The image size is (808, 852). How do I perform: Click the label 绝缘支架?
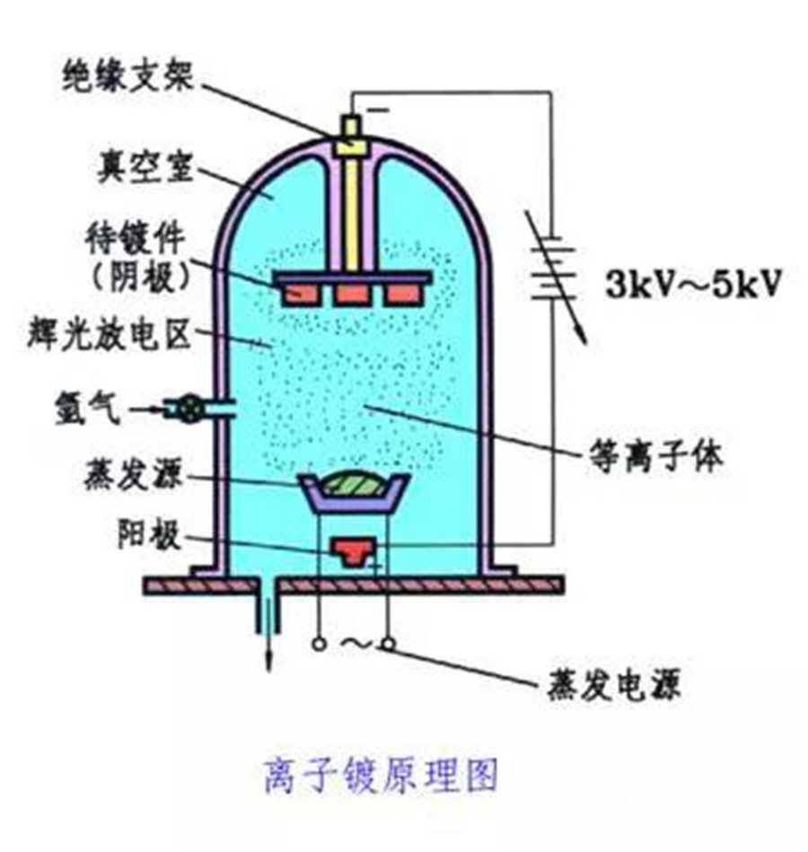click(127, 76)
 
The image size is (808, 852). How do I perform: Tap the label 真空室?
click(145, 166)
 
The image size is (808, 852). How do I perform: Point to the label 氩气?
click(87, 408)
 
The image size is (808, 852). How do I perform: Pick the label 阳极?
click(149, 535)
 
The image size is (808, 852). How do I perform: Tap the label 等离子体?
click(656, 456)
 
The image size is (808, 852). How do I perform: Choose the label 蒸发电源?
click(614, 684)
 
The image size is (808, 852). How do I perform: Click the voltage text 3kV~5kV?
click(693, 284)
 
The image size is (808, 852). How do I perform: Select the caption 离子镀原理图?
click(381, 776)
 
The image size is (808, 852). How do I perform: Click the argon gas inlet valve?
click(189, 409)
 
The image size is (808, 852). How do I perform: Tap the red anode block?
click(353, 551)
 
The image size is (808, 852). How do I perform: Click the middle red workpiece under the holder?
click(353, 294)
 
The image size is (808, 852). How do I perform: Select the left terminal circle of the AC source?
click(319, 645)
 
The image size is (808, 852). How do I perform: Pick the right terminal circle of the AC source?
click(388, 645)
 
